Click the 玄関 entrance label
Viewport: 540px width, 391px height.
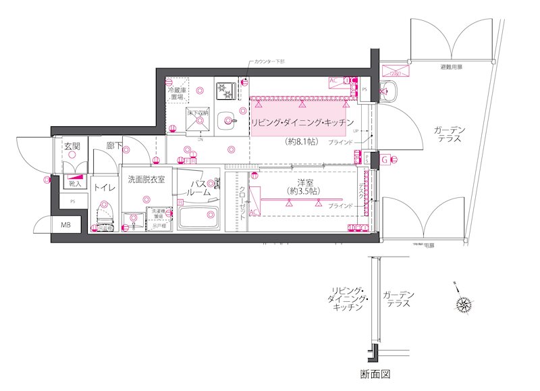pyautogui.click(x=72, y=145)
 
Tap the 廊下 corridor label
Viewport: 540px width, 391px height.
pyautogui.click(x=113, y=145)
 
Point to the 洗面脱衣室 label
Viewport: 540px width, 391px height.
pyautogui.click(x=146, y=180)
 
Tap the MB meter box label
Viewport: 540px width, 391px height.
pyautogui.click(x=66, y=225)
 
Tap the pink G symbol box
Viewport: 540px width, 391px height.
pyautogui.click(x=384, y=160)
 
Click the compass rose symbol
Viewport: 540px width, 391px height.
pyautogui.click(x=464, y=305)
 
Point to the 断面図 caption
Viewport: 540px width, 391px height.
pyautogui.click(x=375, y=373)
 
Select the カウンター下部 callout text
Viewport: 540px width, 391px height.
pyautogui.click(x=269, y=61)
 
